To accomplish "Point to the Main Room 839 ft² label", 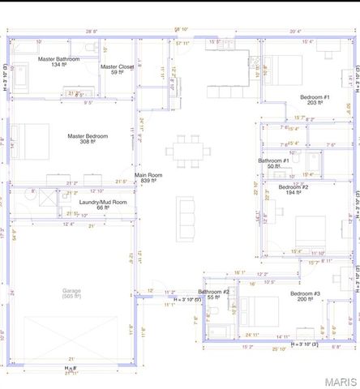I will coord(148,178).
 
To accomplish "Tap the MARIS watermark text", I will coord(339,381).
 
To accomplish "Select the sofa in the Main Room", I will coord(187,213).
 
